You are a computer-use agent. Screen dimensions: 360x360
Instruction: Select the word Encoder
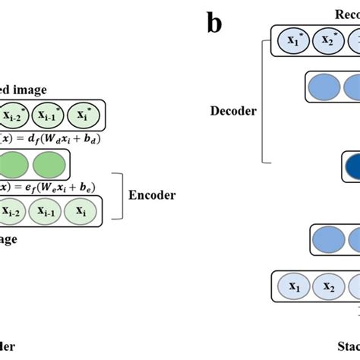(152, 195)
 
